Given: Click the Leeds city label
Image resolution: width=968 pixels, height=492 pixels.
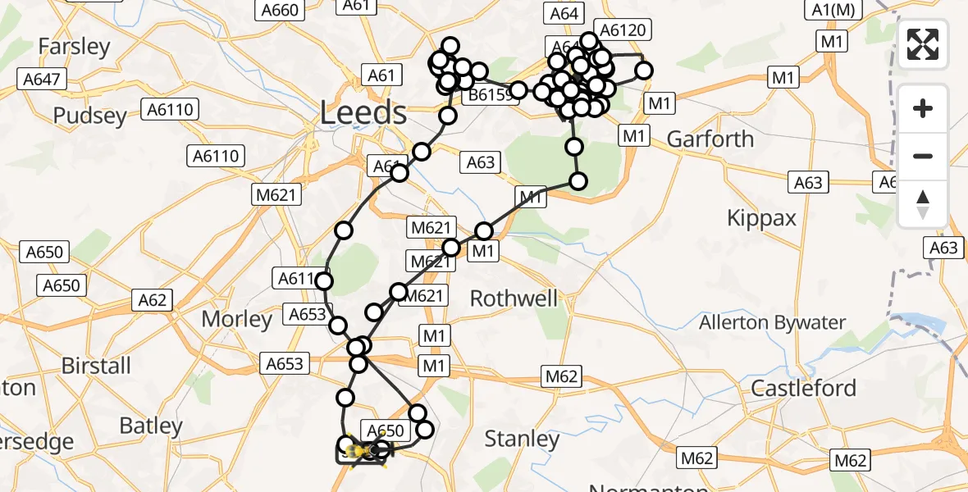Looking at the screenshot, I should (x=363, y=112).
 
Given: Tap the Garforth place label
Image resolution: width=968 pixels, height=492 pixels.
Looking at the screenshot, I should (x=710, y=139).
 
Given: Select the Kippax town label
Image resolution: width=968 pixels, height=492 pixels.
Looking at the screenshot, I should (x=762, y=217).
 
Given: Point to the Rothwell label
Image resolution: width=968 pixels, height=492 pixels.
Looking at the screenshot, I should (x=514, y=298).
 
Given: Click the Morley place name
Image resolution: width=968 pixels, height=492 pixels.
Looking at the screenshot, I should (x=237, y=319).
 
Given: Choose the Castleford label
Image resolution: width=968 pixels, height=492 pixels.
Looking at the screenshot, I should (x=803, y=388).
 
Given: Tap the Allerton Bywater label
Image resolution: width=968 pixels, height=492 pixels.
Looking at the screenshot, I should (x=772, y=322).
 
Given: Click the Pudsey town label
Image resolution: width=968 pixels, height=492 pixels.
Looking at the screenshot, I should (x=90, y=116).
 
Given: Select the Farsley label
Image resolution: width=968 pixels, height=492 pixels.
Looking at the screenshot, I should (x=74, y=47).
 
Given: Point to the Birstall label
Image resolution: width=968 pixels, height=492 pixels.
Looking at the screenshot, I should (x=96, y=365).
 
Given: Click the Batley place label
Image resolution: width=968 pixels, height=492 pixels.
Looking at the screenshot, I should (x=151, y=426).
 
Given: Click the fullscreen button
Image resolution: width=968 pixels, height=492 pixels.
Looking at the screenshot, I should (x=923, y=44).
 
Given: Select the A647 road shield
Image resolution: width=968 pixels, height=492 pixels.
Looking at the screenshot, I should (x=41, y=80).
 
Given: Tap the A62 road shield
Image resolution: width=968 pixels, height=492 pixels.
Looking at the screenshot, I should (x=153, y=300).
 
